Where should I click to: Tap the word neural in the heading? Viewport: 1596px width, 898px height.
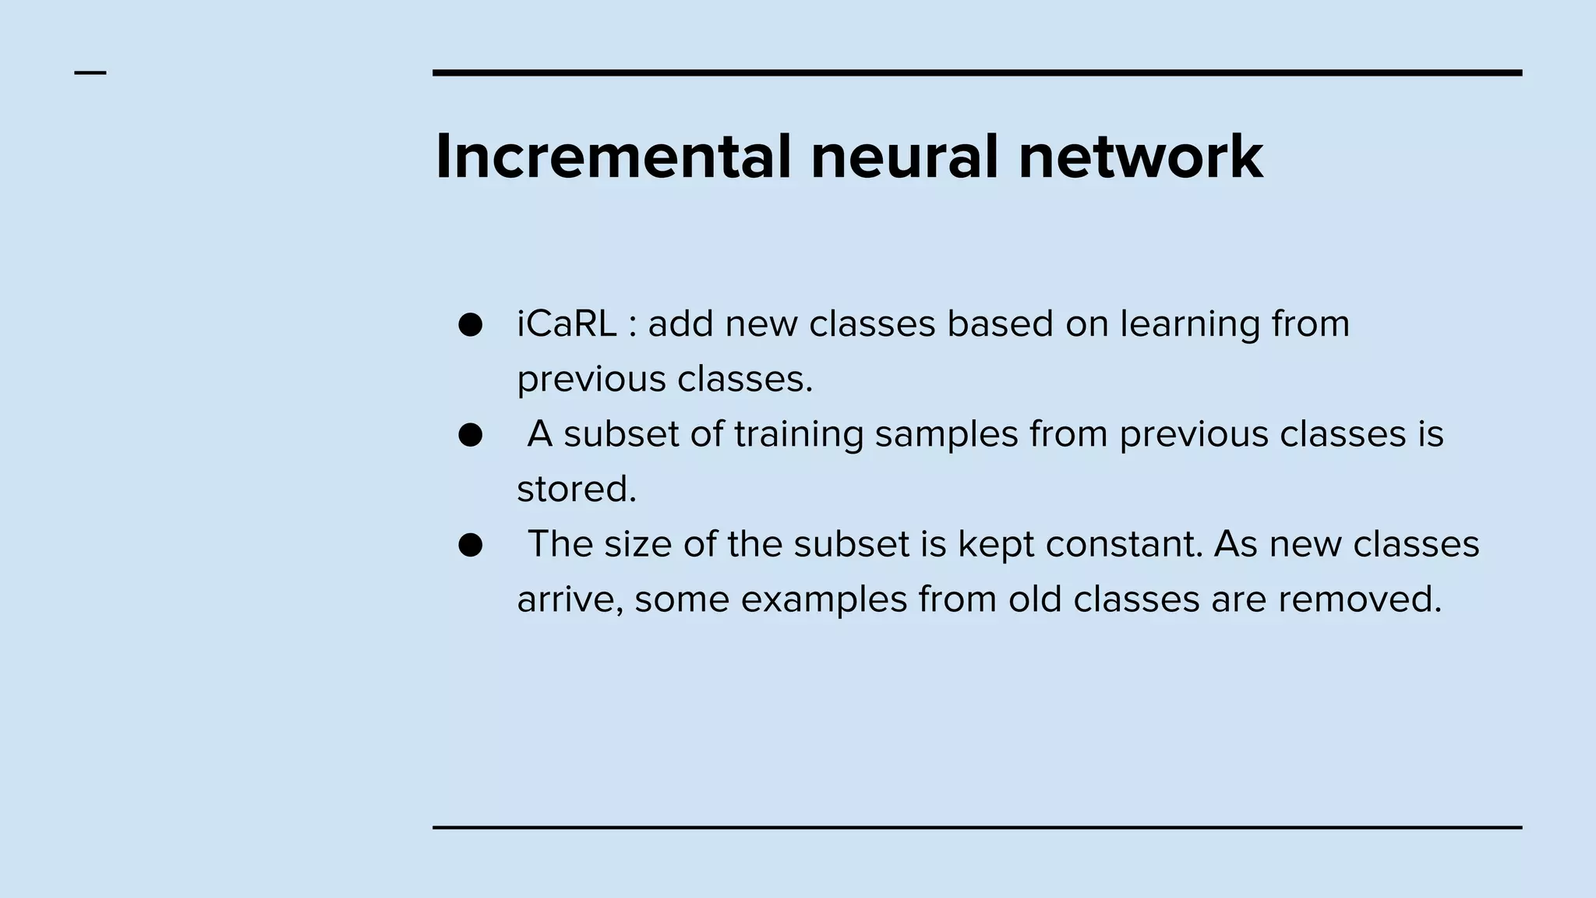[x=904, y=157]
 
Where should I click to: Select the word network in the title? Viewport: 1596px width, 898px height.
[x=1140, y=157]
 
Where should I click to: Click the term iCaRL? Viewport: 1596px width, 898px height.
[x=567, y=323]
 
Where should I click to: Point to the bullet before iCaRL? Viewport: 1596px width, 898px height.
[x=471, y=324]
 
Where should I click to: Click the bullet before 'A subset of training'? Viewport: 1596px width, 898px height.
[x=471, y=434]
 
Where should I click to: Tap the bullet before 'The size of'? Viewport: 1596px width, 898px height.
[x=471, y=545]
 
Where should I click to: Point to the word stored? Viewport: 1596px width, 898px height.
[x=576, y=490]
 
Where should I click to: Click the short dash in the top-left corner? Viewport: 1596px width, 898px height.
[x=90, y=73]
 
